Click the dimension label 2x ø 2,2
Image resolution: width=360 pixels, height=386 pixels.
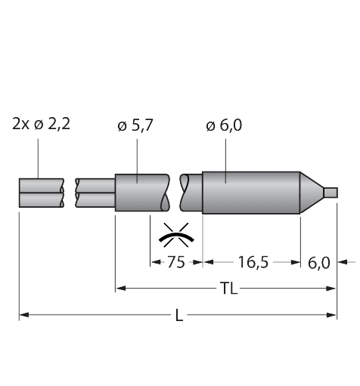(41, 125)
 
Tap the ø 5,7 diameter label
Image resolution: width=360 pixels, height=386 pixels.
(135, 125)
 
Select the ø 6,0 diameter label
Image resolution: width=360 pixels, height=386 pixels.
(224, 125)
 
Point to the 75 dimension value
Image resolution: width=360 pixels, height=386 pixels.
(176, 262)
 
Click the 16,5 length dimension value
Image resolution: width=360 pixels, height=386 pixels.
(253, 262)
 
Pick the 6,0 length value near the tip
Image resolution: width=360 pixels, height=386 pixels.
(319, 263)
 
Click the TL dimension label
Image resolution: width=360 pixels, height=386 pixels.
(228, 289)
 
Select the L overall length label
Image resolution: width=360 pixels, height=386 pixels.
(179, 315)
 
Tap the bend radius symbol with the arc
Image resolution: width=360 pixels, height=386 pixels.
(176, 235)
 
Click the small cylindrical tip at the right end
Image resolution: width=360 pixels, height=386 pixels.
(331, 193)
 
